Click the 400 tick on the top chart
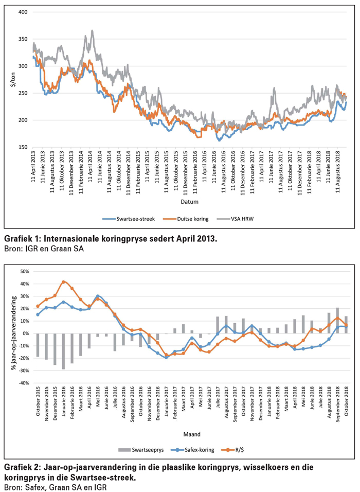tap(23, 11)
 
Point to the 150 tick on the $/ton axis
tap(23, 147)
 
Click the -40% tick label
tap(23, 383)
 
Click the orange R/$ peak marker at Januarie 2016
tap(63, 282)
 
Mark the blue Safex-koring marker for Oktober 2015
tap(38, 314)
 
